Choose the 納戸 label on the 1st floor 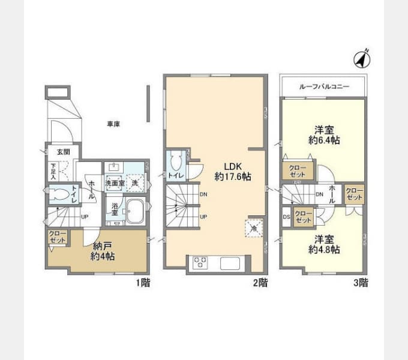[x=101, y=246]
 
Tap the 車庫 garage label [x=113, y=124]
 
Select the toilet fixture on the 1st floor [x=59, y=194]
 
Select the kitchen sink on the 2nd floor [x=232, y=263]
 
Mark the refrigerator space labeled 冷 [x=252, y=228]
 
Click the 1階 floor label [x=142, y=282]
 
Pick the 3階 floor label [x=359, y=282]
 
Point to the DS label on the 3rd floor [x=286, y=216]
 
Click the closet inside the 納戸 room [x=58, y=237]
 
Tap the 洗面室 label [x=114, y=183]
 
